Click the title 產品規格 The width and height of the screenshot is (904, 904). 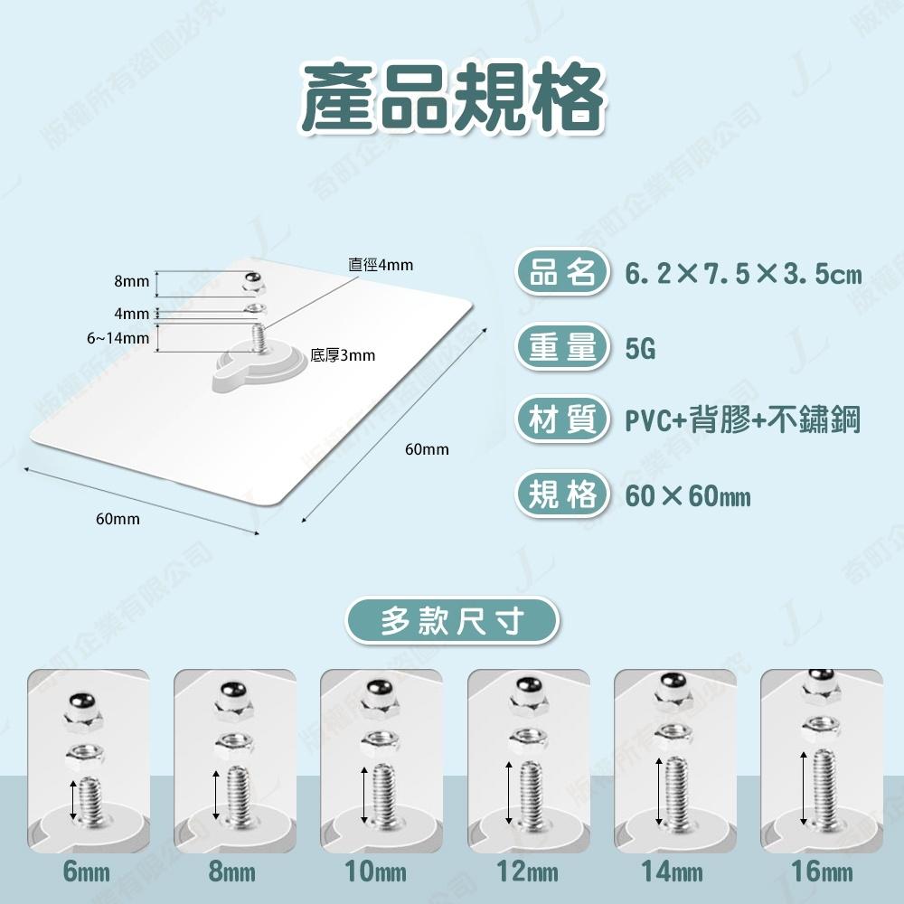pos(452,98)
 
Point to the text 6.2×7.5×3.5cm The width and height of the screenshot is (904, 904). pos(743,274)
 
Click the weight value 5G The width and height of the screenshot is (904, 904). pos(640,348)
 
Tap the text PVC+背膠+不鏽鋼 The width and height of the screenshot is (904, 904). pos(741,421)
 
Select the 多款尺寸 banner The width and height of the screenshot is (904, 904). pos(452,621)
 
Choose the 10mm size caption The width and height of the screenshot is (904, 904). pos(381,872)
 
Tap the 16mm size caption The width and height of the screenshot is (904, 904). pos(821,872)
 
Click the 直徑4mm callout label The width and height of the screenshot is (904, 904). pos(381,265)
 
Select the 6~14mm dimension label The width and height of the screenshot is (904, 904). pos(118,338)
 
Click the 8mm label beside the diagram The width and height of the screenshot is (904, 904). pos(131,282)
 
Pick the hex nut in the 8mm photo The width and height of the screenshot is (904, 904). pos(233,748)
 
